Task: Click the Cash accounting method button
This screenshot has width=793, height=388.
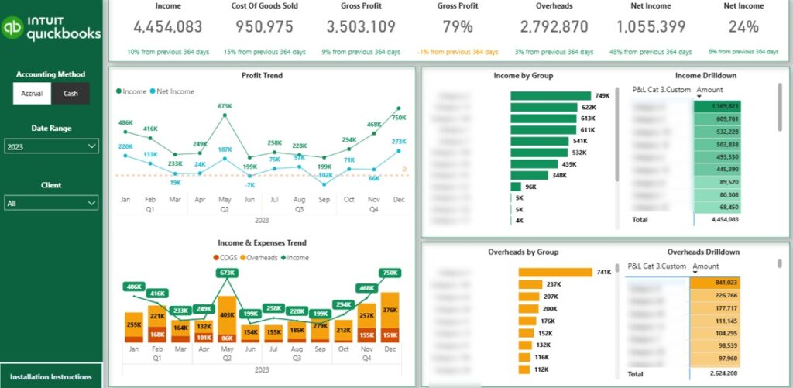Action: [70, 94]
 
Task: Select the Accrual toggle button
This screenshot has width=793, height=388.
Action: [32, 94]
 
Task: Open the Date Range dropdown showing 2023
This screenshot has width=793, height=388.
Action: [51, 146]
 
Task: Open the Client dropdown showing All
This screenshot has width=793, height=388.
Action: [51, 203]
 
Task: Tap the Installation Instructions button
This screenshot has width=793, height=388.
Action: [51, 376]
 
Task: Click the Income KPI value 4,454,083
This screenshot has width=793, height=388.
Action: [168, 27]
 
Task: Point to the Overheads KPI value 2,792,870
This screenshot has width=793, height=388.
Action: [554, 27]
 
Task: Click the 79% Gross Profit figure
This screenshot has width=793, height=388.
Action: [457, 27]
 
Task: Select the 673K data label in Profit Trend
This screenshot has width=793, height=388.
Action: [225, 106]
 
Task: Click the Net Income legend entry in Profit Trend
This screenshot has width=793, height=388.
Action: [173, 91]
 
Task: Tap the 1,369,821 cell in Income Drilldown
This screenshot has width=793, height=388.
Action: [718, 106]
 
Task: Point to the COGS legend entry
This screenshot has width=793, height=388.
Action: [227, 258]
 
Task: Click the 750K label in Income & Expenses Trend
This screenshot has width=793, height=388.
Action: [390, 273]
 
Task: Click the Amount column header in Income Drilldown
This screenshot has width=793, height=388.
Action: [709, 90]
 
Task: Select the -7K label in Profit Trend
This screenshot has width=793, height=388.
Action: [249, 185]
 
